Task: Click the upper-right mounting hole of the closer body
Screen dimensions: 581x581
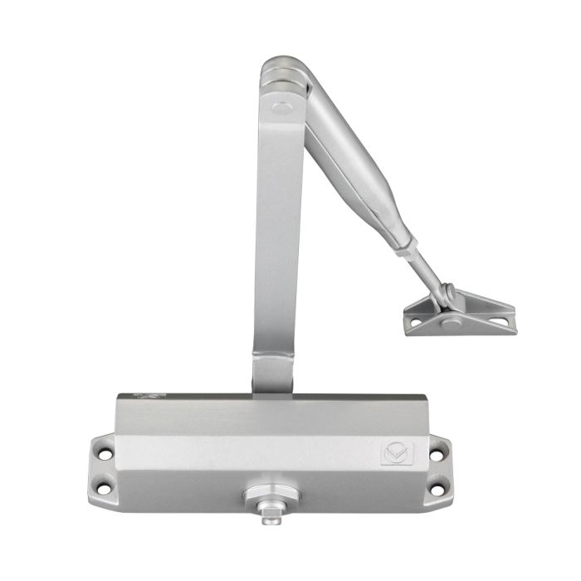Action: (434, 455)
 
